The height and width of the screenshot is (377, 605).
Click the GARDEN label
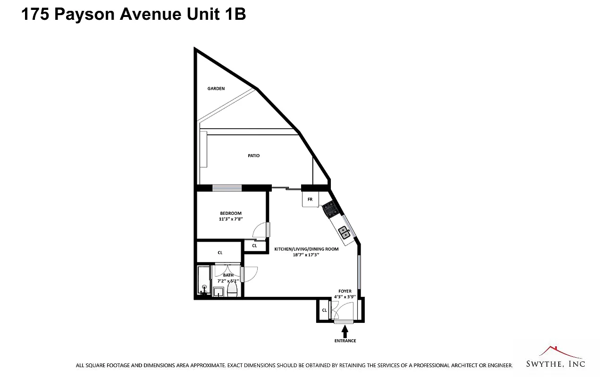click(216, 89)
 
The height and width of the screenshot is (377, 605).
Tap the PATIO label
click(253, 156)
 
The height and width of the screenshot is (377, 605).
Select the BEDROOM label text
click(230, 213)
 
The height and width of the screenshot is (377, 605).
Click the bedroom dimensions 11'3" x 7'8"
click(230, 219)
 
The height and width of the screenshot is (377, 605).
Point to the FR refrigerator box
click(310, 199)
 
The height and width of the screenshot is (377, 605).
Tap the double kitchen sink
click(345, 231)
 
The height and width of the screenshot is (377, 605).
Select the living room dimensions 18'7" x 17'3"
click(306, 254)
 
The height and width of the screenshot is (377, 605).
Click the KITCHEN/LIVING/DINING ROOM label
click(306, 249)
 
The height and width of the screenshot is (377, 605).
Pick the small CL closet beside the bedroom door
click(254, 246)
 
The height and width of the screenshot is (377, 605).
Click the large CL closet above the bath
click(220, 253)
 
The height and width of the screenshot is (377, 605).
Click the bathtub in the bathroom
click(203, 281)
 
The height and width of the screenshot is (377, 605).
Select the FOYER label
click(345, 291)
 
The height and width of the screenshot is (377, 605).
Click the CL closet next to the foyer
click(324, 310)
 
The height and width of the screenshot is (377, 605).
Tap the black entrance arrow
click(345, 331)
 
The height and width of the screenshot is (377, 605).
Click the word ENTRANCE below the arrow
click(345, 341)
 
